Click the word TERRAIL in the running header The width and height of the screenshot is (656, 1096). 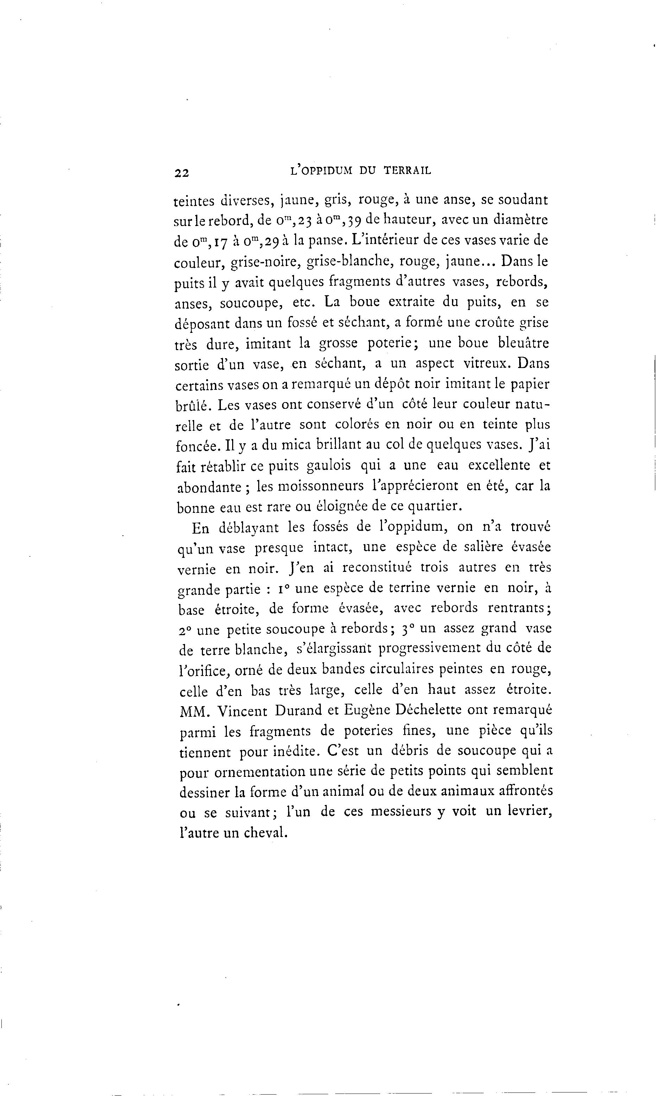(x=407, y=171)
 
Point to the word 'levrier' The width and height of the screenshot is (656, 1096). (x=527, y=812)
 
